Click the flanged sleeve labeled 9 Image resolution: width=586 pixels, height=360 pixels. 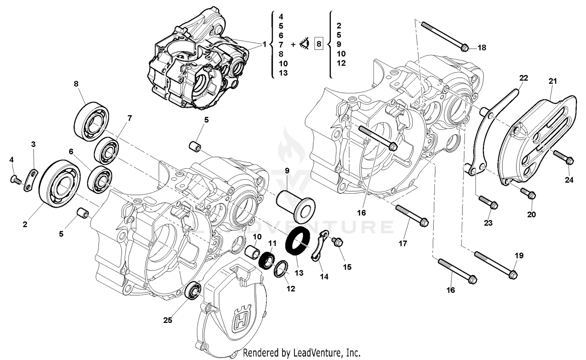pos(296,204)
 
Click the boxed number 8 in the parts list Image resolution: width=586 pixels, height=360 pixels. pos(319,44)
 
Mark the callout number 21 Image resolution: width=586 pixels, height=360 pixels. pos(552,81)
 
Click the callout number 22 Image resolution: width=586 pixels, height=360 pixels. pos(523,78)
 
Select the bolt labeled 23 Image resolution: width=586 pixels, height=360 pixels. pos(487,201)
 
